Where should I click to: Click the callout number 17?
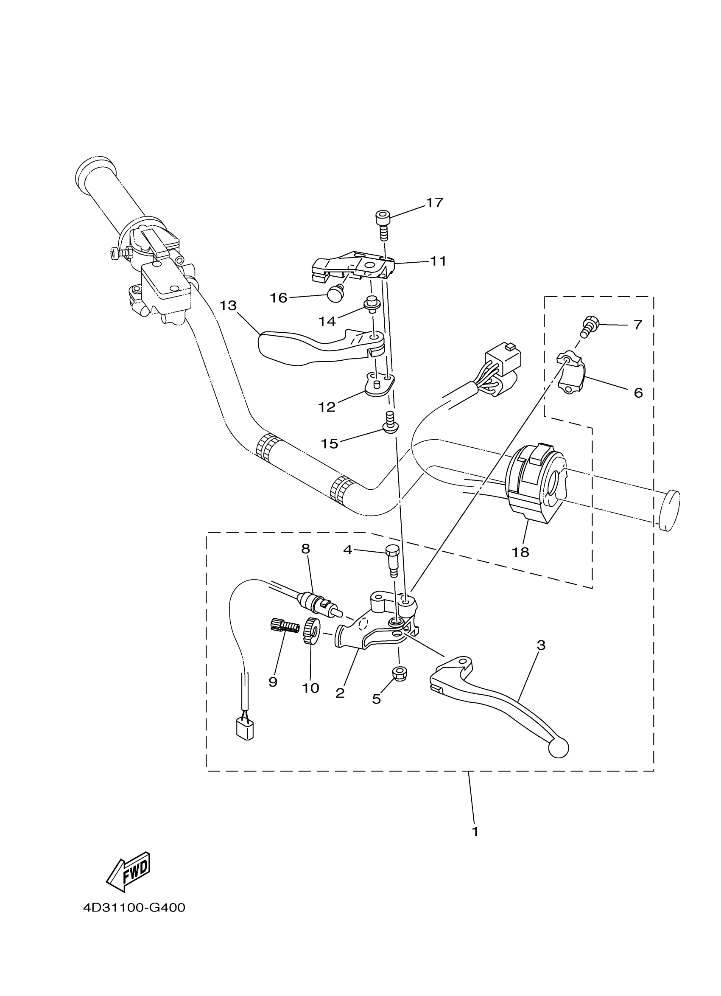[434, 203]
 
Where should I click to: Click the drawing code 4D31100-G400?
[134, 908]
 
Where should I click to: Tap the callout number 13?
[228, 306]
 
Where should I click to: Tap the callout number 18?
[520, 553]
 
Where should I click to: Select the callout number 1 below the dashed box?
[475, 832]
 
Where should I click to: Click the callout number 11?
[438, 261]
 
